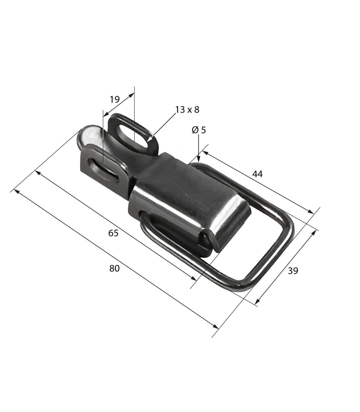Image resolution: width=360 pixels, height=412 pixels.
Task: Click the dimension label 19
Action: pyautogui.click(x=115, y=99)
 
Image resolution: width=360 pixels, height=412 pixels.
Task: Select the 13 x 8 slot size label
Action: pyautogui.click(x=187, y=110)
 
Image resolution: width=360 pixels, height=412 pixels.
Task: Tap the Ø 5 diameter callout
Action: pyautogui.click(x=199, y=130)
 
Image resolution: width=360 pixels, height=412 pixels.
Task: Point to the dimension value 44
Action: pyautogui.click(x=257, y=174)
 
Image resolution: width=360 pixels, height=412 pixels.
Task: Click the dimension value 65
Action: pyautogui.click(x=113, y=233)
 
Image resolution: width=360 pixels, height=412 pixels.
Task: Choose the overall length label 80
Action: pyautogui.click(x=114, y=268)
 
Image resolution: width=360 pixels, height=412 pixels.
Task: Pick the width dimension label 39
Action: pyautogui.click(x=293, y=271)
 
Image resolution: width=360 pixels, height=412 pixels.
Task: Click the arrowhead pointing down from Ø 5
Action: pyautogui.click(x=199, y=159)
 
